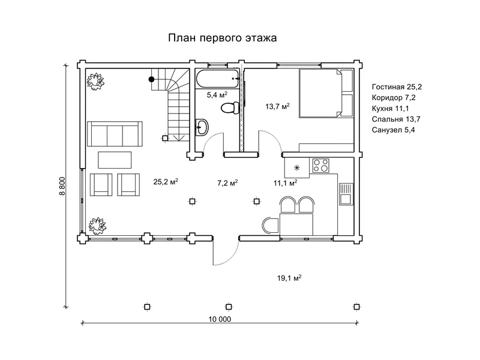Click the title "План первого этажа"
(221, 39)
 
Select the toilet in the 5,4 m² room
(229, 108)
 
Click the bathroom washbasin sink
(203, 127)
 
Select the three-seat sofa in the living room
(114, 133)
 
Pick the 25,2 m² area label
(165, 181)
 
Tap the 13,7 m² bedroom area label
(277, 106)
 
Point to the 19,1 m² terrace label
(289, 278)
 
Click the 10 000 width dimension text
(220, 319)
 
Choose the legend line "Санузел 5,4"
(393, 129)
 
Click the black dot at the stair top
(152, 78)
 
